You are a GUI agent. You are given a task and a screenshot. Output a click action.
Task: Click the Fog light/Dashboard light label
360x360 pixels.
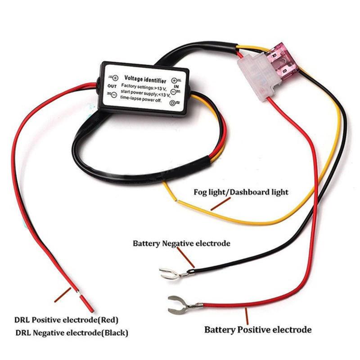[x=241, y=192]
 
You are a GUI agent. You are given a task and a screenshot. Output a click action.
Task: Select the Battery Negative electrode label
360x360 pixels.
[x=181, y=243]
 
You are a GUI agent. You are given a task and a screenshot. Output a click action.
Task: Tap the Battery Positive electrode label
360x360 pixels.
[x=258, y=330]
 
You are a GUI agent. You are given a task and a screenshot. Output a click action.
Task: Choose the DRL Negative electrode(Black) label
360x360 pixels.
[x=72, y=333]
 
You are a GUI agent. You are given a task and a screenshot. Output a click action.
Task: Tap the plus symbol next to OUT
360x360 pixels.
[x=114, y=77]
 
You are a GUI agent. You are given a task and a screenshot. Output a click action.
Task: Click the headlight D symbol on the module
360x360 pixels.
[x=172, y=103]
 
